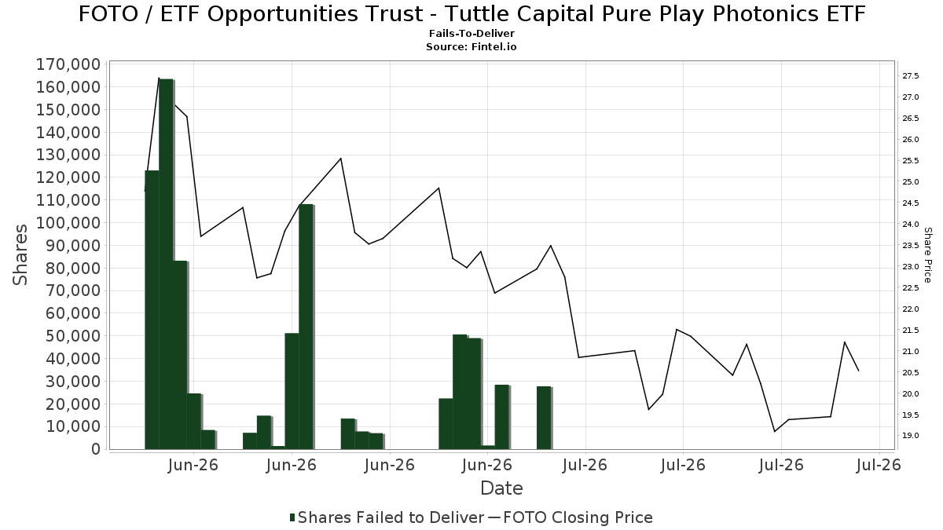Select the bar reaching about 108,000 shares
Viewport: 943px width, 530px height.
coord(306,327)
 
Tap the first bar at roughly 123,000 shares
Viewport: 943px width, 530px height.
coord(152,310)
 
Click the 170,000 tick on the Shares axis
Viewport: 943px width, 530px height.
coord(68,64)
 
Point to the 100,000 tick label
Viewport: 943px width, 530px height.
coord(68,223)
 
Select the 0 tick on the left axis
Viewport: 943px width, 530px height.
coord(97,449)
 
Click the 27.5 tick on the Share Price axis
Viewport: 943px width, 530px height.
coord(910,76)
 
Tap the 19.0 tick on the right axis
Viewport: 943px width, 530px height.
coord(910,436)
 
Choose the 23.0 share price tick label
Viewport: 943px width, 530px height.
coord(910,267)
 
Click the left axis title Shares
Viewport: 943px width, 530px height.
coord(20,255)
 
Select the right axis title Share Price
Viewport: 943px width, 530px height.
coord(927,255)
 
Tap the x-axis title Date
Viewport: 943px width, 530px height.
coord(501,488)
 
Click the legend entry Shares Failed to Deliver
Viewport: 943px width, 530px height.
coord(387,517)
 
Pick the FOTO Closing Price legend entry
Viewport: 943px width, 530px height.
coord(571,517)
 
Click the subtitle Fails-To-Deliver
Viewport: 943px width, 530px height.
coord(472,33)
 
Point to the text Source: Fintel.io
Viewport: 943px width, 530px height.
coord(472,46)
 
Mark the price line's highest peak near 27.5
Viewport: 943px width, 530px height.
coord(159,78)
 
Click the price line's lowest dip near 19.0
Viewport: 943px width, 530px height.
coord(775,432)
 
